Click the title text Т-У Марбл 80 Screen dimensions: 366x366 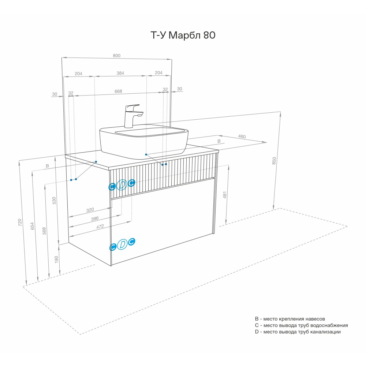pos(183,35)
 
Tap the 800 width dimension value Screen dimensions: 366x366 pos(117,56)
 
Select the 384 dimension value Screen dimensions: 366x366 pos(120,73)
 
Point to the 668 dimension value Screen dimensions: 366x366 pos(118,91)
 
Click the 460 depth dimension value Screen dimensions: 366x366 pos(242,136)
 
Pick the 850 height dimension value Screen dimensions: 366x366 pos(274,161)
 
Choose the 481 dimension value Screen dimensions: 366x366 pos(225,195)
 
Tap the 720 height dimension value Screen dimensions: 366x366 pos(20,222)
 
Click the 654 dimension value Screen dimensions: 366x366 pos(32,226)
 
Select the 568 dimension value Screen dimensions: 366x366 pos(44,231)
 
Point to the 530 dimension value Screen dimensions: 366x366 pos(54,201)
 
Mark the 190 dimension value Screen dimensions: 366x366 pos(56,259)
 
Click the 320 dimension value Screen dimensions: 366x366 pos(90,210)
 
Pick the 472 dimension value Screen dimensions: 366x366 pos(100,227)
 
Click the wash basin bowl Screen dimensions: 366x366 pos(144,141)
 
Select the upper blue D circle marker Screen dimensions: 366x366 pos(122,185)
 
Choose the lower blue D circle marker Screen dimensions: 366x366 pos(122,244)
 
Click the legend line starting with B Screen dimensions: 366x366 pos(290,319)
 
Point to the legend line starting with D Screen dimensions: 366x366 pos(298,332)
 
